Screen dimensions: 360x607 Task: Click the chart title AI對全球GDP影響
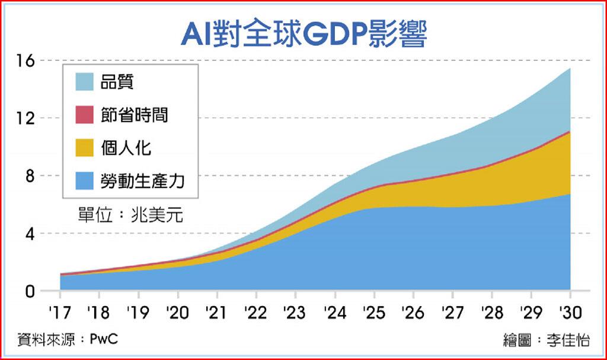tap(303, 34)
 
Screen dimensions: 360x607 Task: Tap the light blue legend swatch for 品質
tap(85, 82)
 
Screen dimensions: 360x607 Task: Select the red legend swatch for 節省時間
tap(85, 115)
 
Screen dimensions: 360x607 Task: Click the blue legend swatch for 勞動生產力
tap(85, 181)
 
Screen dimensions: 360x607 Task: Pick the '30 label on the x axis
tap(570, 312)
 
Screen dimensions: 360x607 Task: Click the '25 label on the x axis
tap(373, 312)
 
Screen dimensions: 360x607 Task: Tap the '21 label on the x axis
tap(216, 312)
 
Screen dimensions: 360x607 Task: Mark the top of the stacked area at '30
tap(570, 69)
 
